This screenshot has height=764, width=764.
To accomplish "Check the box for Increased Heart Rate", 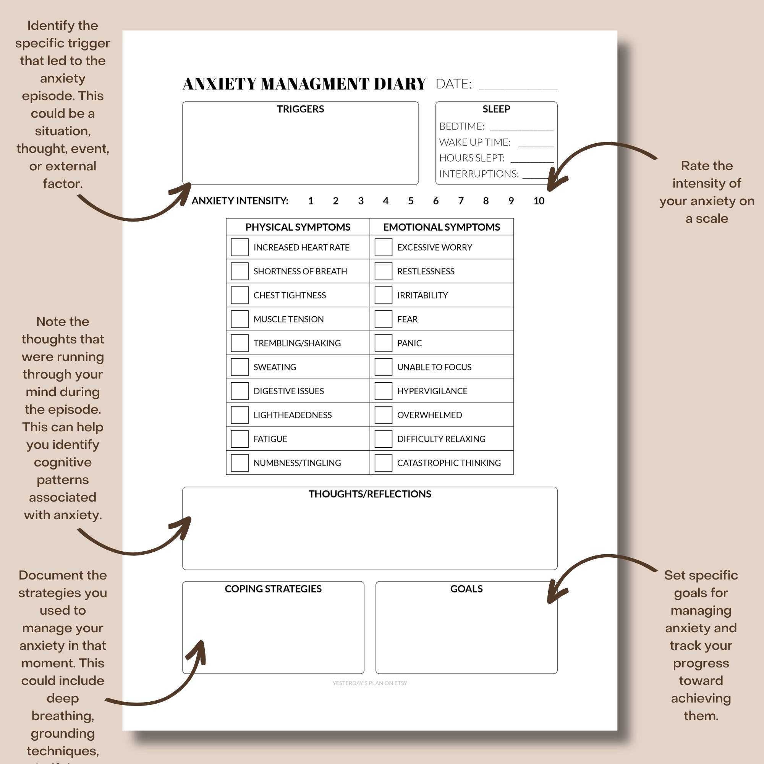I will (240, 247).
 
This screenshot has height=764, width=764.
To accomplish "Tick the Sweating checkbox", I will (240, 367).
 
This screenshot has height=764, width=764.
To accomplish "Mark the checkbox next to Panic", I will (383, 343).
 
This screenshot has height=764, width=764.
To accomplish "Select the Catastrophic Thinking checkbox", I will (383, 463).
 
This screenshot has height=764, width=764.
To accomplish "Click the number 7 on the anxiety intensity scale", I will (461, 201).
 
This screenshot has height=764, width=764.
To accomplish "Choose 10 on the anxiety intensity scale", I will (539, 201).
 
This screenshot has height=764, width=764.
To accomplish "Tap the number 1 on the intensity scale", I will (311, 201).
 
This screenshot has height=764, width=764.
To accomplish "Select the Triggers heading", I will (300, 109).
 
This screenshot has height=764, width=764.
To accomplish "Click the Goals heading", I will (466, 589).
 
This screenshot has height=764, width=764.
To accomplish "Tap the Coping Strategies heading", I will (273, 589).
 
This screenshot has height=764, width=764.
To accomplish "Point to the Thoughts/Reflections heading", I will (370, 494).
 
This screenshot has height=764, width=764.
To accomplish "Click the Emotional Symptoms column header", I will (441, 227).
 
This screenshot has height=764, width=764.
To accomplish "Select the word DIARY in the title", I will (400, 84).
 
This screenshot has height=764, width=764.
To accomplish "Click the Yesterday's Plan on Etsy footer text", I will (370, 683).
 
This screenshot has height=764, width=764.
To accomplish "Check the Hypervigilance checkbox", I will (383, 391).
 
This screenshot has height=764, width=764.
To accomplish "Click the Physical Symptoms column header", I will (298, 227).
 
